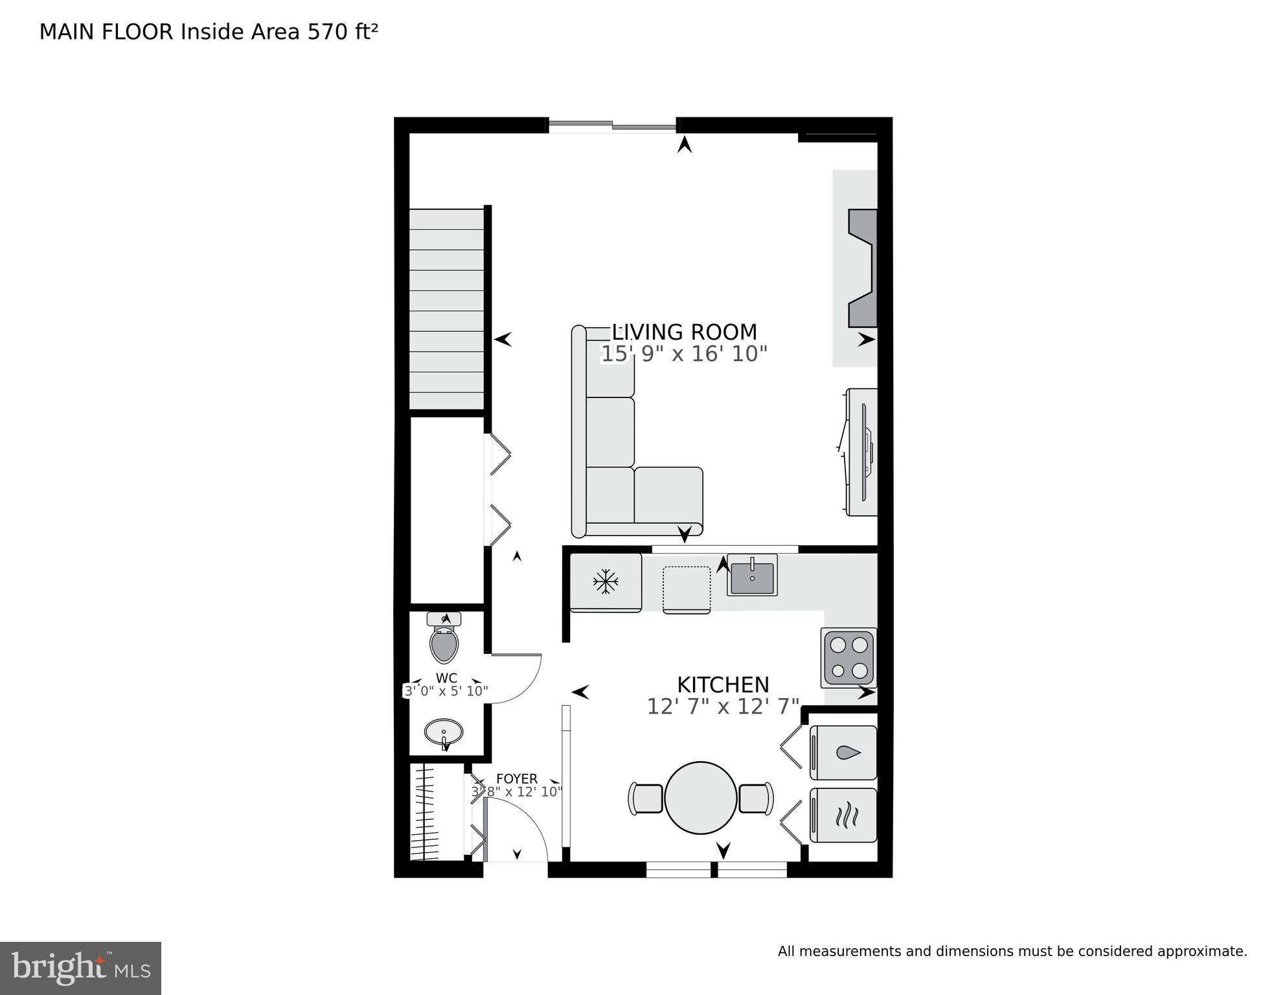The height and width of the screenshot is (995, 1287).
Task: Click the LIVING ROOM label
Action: click(x=684, y=332)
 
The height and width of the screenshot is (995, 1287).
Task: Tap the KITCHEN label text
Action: click(x=723, y=685)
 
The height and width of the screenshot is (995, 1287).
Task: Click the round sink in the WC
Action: click(x=444, y=732)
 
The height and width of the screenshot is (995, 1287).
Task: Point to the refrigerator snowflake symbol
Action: click(x=606, y=581)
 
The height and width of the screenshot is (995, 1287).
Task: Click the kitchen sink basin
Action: click(x=752, y=577)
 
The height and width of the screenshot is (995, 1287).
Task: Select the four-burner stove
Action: click(x=849, y=657)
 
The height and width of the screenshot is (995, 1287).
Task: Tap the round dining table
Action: click(x=701, y=797)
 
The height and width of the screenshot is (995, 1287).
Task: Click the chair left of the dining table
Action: click(x=645, y=798)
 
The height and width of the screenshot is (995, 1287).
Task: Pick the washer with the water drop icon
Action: click(x=843, y=753)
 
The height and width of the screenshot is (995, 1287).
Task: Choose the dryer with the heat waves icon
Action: click(x=843, y=815)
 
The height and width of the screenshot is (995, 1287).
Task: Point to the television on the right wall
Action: click(x=864, y=452)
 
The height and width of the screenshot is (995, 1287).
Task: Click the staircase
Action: click(x=447, y=309)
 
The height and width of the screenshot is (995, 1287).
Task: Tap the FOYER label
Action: click(x=516, y=778)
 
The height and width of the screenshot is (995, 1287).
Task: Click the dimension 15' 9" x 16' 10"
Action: click(x=684, y=354)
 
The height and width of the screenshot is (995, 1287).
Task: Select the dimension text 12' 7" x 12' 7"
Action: click(x=723, y=707)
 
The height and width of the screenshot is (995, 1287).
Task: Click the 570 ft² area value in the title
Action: click(x=342, y=32)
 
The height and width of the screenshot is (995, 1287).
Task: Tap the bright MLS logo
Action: click(x=80, y=968)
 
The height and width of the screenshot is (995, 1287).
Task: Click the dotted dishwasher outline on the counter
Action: click(x=687, y=589)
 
